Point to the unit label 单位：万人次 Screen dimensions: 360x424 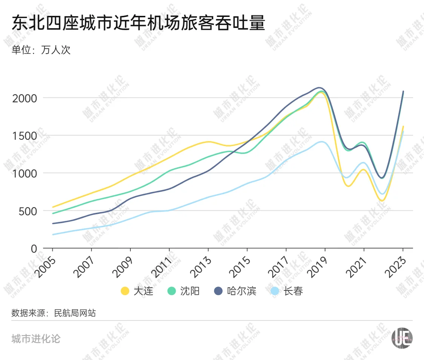[41, 50]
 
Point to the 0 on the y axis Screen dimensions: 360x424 [34, 249]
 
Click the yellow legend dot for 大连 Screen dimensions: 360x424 [125, 291]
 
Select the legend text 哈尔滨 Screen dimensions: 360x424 [242, 291]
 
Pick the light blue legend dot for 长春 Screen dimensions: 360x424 [275, 291]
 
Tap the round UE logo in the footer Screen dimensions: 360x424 [402, 336]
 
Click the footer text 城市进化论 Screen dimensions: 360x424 [36, 339]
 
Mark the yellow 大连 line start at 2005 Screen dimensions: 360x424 [53, 207]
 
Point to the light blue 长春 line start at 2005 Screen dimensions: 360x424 [53, 235]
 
